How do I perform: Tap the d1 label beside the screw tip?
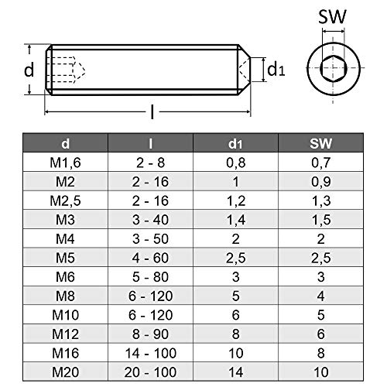pos(276,69)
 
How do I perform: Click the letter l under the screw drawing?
pos(152,114)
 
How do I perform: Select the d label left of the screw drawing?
pos(29,70)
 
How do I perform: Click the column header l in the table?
pos(150,144)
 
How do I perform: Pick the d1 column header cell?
pos(236,144)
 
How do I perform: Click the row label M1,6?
pos(65,162)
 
